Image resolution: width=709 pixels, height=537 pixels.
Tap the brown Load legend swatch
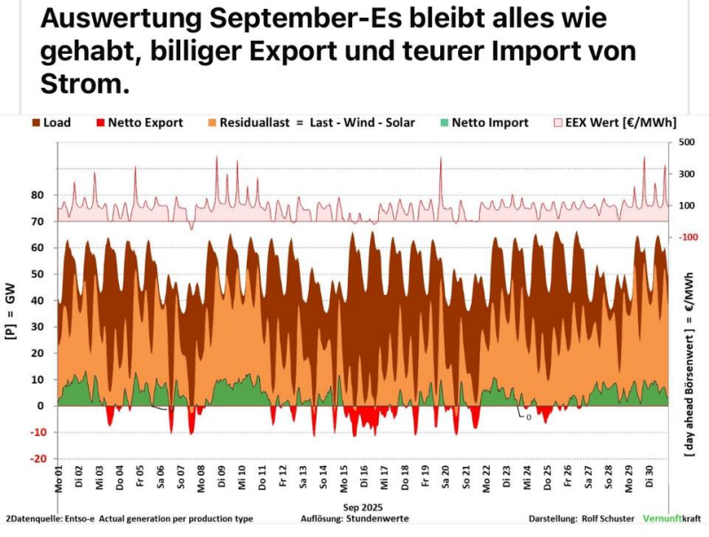(36, 123)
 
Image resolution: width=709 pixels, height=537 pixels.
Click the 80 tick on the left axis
(36, 195)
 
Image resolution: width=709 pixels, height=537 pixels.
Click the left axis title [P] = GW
(12, 315)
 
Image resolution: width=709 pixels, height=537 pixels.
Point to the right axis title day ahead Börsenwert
(689, 363)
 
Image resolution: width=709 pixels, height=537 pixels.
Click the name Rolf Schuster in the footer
(583, 518)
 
